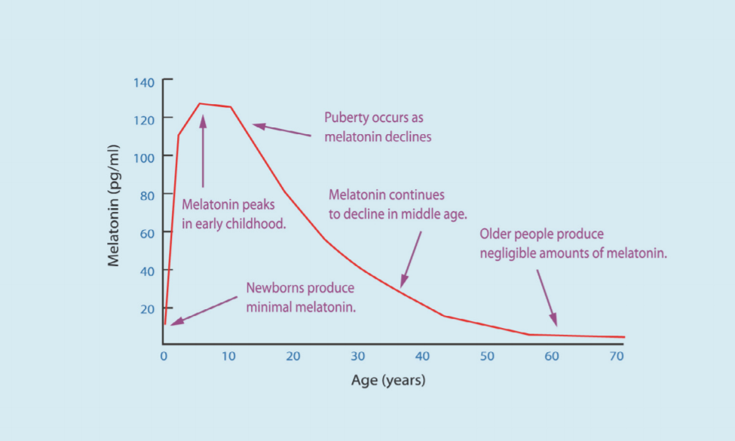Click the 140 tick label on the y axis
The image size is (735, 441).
[145, 82]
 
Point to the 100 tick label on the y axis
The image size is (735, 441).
[145, 158]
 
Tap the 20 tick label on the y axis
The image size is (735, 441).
[148, 308]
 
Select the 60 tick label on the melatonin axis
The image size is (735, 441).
[148, 233]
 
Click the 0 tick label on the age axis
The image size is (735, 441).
[164, 357]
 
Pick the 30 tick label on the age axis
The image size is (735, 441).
[358, 357]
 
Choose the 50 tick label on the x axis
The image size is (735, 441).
[487, 357]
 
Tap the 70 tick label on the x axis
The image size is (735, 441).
[617, 357]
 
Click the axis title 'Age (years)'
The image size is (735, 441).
[388, 380]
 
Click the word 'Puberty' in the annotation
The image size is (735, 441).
[346, 119]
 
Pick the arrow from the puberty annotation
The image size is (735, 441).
[281, 130]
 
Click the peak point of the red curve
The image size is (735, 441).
[201, 103]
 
